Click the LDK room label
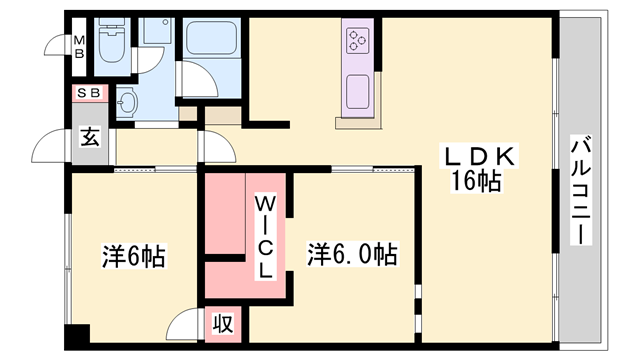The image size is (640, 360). (x=479, y=156)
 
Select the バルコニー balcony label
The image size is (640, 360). (x=579, y=190)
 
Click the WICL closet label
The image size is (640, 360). (x=266, y=236)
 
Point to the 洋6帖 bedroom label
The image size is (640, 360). (x=132, y=257)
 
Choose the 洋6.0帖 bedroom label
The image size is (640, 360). (x=352, y=255)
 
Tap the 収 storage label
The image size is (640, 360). (x=222, y=324)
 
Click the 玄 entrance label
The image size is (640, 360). (x=89, y=139)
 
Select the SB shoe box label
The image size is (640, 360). (x=86, y=93)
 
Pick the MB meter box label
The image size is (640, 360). (x=77, y=47)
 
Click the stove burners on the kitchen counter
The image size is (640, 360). (x=358, y=41)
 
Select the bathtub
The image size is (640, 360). (x=212, y=39)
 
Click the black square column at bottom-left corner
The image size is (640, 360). (x=76, y=337)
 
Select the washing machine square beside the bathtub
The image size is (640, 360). (x=155, y=31)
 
